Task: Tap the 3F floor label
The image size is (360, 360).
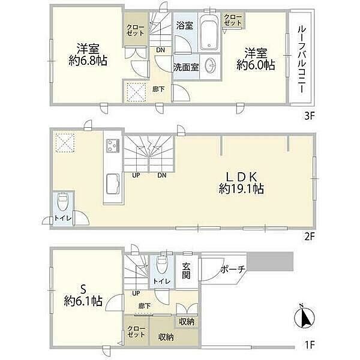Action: pyautogui.click(x=309, y=116)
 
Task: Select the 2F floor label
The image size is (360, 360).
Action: pyautogui.click(x=309, y=236)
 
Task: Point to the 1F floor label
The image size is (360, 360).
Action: pyautogui.click(x=310, y=344)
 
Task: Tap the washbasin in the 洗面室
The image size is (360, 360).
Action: pyautogui.click(x=211, y=65)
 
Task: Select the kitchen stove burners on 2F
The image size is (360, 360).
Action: pyautogui.click(x=113, y=146)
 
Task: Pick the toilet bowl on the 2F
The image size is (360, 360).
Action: pyautogui.click(x=62, y=201)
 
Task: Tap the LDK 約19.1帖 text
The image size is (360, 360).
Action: pyautogui.click(x=241, y=183)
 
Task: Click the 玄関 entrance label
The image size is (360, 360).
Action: pyautogui.click(x=187, y=271)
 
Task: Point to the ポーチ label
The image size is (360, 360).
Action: pyautogui.click(x=233, y=269)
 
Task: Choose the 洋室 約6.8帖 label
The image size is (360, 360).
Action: pyautogui.click(x=88, y=55)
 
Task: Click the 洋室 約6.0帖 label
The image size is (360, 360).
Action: pyautogui.click(x=256, y=59)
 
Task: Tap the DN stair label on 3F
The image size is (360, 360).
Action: pyautogui.click(x=160, y=50)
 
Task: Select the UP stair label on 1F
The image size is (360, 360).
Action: pyautogui.click(x=136, y=293)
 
